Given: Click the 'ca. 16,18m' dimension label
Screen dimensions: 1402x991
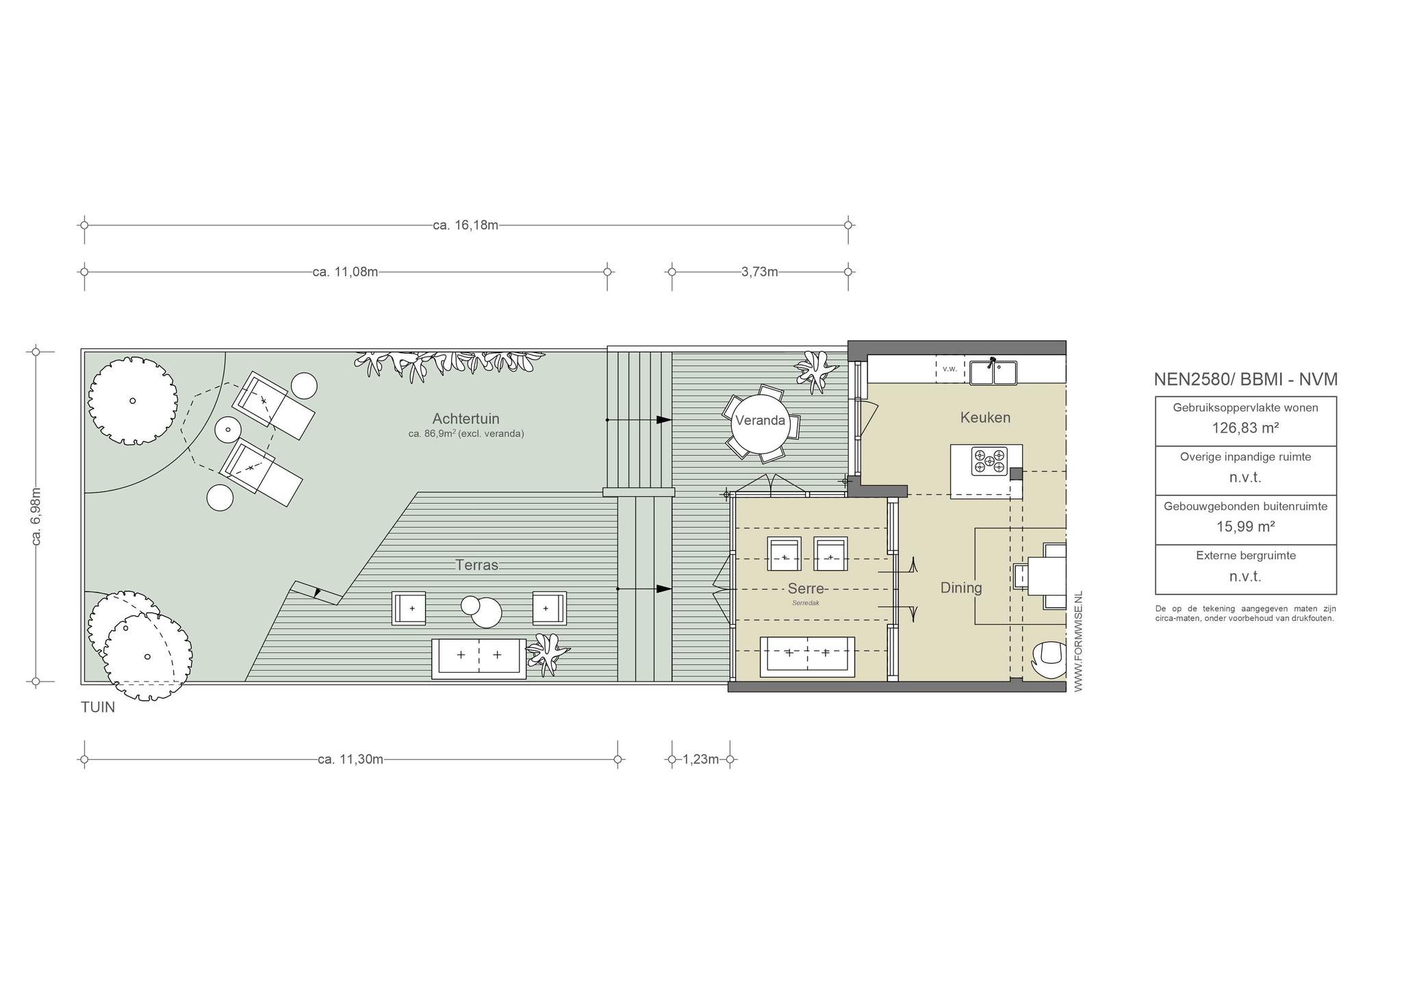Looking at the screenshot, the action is point(466,224).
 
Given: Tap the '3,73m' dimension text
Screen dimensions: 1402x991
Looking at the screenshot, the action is point(760,272).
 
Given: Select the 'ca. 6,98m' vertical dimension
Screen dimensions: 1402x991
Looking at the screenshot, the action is point(36,516).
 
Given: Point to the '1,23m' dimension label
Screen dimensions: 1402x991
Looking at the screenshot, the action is point(701,759).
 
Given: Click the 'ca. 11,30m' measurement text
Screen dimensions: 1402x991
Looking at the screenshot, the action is point(350,759).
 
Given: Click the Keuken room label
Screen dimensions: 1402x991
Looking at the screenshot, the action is point(985,417).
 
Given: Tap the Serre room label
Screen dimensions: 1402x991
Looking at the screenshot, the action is point(806,589).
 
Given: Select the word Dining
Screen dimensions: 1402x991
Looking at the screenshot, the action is point(961,587).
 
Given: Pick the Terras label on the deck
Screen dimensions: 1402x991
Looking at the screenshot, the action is point(477,565).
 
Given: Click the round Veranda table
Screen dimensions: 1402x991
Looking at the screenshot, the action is point(760,422).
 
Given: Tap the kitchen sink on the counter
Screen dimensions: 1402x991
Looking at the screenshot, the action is point(993,373).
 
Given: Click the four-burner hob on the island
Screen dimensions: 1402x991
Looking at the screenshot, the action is point(989,461).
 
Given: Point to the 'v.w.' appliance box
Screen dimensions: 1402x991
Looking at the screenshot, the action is point(949,369).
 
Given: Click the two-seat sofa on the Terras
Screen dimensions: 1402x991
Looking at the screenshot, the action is point(479,658).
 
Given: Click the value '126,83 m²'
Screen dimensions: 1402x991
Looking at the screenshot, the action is point(1245,428).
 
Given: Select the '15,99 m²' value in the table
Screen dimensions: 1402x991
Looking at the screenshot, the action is point(1245,527).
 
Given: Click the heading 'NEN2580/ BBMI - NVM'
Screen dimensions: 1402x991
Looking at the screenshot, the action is point(1245,379).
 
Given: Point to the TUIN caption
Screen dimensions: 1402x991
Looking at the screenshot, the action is point(98,708).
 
